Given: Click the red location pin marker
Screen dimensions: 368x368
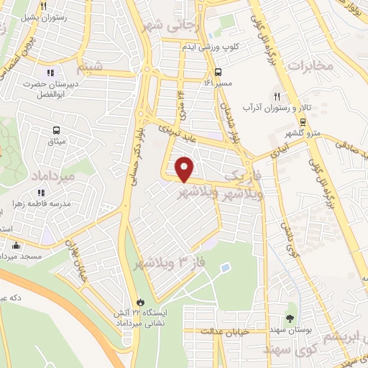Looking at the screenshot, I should click(185, 168).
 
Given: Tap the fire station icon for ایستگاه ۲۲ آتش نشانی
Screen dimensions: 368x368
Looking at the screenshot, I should click(141, 303).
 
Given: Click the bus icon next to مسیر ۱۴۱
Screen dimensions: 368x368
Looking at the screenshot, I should click(218, 72).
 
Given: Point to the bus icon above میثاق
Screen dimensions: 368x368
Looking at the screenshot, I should click(56, 130).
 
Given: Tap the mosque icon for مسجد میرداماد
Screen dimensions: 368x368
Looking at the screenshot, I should click(17, 246).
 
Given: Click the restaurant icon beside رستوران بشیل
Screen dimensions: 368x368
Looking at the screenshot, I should click(43, 6).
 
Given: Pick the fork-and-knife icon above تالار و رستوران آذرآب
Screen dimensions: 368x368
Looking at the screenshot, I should click(276, 96).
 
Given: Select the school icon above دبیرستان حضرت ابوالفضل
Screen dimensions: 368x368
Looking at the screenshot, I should click(50, 73).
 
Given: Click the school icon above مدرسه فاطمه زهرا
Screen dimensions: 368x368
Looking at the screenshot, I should click(41, 193).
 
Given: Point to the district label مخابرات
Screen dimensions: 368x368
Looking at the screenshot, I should click(310, 65).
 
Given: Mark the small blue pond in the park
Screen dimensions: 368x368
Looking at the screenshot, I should click(226, 268).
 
